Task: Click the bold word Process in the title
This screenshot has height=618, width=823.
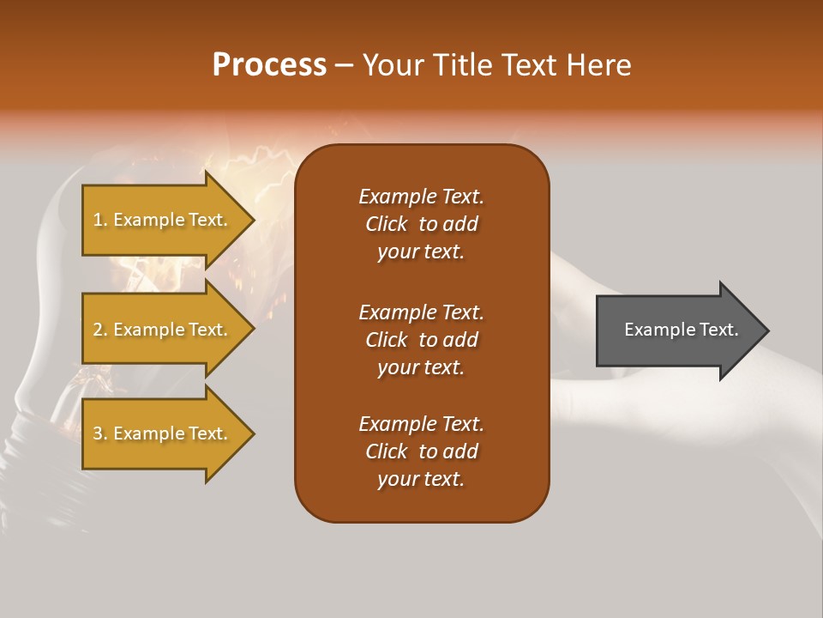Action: (269, 65)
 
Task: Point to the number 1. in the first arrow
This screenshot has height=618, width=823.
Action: (100, 220)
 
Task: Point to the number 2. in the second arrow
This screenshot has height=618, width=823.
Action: (100, 330)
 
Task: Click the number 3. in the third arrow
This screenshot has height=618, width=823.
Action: (100, 433)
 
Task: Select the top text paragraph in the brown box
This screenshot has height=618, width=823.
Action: (421, 224)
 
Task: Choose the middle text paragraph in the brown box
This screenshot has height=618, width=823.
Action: (421, 339)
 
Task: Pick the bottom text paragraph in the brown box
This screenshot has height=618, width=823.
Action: (421, 451)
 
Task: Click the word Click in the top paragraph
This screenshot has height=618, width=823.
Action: (386, 224)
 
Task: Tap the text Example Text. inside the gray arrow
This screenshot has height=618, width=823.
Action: (682, 330)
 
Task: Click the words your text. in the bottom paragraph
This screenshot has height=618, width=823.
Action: (421, 479)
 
